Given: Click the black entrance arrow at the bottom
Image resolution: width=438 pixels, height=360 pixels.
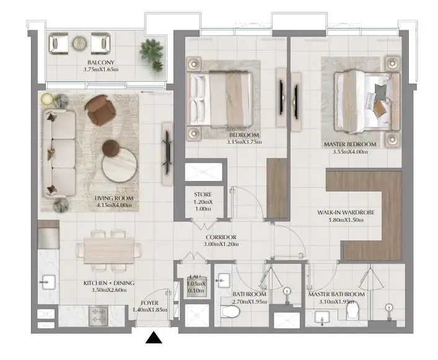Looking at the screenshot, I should pyautogui.click(x=154, y=338).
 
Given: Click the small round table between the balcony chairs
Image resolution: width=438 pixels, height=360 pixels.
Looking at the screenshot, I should pyautogui.click(x=79, y=43).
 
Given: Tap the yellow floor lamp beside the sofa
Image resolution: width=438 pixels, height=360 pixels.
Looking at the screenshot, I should pyautogui.click(x=47, y=99).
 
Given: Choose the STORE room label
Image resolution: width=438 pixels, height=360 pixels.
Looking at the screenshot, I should pyautogui.click(x=203, y=195).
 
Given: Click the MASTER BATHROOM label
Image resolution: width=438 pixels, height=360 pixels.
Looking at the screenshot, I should pyautogui.click(x=336, y=294).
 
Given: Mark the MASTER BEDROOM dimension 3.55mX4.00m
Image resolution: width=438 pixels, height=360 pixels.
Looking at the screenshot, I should pyautogui.click(x=346, y=151).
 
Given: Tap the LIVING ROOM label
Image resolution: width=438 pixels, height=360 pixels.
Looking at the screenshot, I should pyautogui.click(x=114, y=198).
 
